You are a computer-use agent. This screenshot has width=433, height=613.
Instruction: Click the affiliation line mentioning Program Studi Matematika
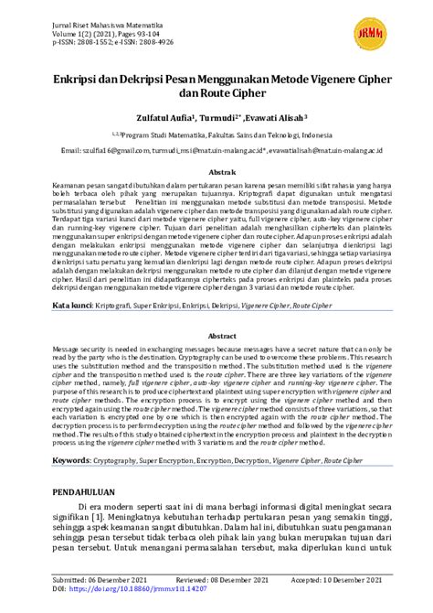[x=216, y=134]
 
